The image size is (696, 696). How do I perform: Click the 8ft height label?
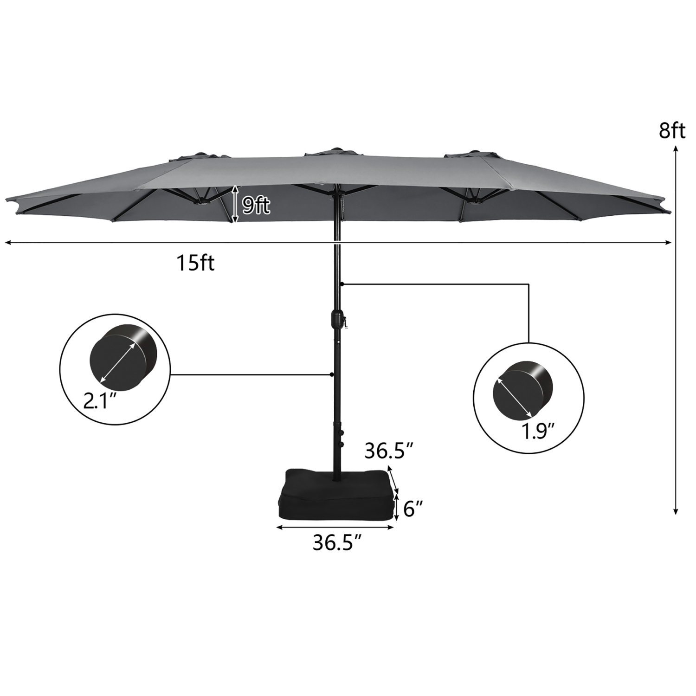click(672, 131)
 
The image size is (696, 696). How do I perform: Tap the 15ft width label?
click(195, 264)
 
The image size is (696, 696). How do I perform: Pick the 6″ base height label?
click(413, 509)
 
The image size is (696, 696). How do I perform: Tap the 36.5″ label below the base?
click(337, 542)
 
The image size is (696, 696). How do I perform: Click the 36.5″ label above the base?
click(389, 451)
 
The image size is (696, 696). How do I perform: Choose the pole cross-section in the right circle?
click(523, 389)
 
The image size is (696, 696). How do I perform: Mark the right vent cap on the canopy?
click(470, 155)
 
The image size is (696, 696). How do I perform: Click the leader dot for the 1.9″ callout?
click(342, 284)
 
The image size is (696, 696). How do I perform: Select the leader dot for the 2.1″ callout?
click(331, 374)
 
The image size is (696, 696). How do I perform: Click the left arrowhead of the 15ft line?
click(7, 242)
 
